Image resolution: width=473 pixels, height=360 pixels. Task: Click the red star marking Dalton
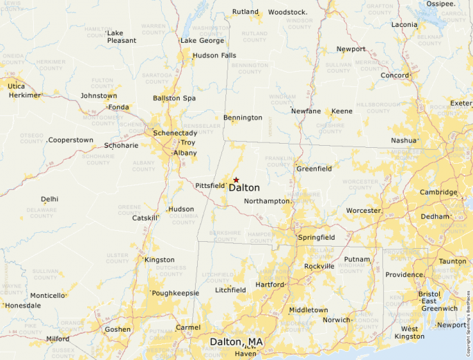tap(236, 180)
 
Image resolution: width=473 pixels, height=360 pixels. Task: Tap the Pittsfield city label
tap(210, 185)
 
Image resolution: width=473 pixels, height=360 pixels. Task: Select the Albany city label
tap(185, 153)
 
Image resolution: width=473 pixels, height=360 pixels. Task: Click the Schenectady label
tap(175, 133)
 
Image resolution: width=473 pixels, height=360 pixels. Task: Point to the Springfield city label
tap(317, 238)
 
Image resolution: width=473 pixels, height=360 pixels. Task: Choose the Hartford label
tap(270, 285)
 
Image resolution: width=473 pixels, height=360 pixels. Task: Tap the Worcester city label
tap(364, 210)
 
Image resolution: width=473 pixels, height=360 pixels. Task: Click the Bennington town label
tap(243, 117)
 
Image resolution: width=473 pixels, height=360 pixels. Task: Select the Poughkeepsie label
tap(176, 293)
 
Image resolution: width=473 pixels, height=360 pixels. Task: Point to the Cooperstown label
tap(71, 140)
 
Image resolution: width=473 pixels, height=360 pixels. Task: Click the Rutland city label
tap(245, 12)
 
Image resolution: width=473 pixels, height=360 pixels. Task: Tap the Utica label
tap(17, 86)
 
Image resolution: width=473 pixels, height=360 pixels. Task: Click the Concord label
tap(395, 75)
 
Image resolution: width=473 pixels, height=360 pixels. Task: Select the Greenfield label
tap(314, 169)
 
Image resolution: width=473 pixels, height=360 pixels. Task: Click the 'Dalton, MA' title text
tap(236, 342)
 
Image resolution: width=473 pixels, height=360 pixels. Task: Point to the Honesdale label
tap(25, 305)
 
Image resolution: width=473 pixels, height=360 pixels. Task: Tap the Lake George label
tap(203, 41)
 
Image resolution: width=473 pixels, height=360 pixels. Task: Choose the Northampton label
tap(267, 201)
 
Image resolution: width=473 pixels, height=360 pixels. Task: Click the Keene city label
tap(342, 111)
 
